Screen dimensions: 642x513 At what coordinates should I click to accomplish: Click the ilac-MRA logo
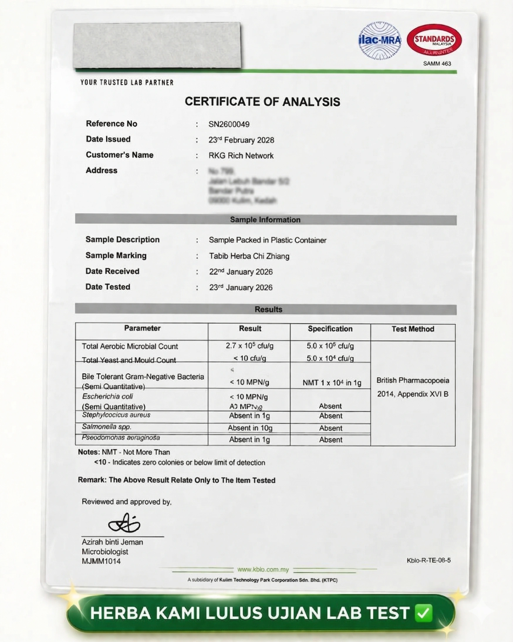coord(379,40)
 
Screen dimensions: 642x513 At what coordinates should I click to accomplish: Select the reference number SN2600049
coord(229,124)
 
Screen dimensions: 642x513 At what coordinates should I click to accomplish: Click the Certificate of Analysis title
coord(262,102)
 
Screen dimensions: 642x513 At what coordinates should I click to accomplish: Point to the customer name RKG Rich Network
coord(241,156)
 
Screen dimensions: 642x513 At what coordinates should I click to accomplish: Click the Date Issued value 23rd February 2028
coord(241,140)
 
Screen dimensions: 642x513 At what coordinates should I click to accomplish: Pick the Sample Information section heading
coord(265,220)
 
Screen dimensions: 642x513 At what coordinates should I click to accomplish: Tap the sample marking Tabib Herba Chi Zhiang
coord(249,256)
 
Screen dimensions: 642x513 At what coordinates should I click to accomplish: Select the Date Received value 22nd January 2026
coord(241,272)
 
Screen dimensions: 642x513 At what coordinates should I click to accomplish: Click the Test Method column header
coord(413,329)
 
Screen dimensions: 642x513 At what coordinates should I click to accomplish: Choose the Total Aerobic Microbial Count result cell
coord(249,346)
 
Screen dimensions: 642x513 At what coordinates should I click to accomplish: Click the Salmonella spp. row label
coord(107,427)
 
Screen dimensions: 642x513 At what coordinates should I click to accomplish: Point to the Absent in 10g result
coord(250,428)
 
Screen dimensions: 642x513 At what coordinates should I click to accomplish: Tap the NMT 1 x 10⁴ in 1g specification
coord(332,383)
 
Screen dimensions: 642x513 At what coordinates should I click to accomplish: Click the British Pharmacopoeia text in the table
coord(413,380)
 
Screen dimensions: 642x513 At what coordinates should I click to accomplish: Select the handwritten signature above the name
coord(124,523)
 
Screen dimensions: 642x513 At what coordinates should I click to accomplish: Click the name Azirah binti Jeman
coord(112,542)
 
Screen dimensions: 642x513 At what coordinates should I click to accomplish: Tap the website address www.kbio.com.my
coord(263,570)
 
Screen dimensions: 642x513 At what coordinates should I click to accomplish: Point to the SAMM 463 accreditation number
coord(437,63)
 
